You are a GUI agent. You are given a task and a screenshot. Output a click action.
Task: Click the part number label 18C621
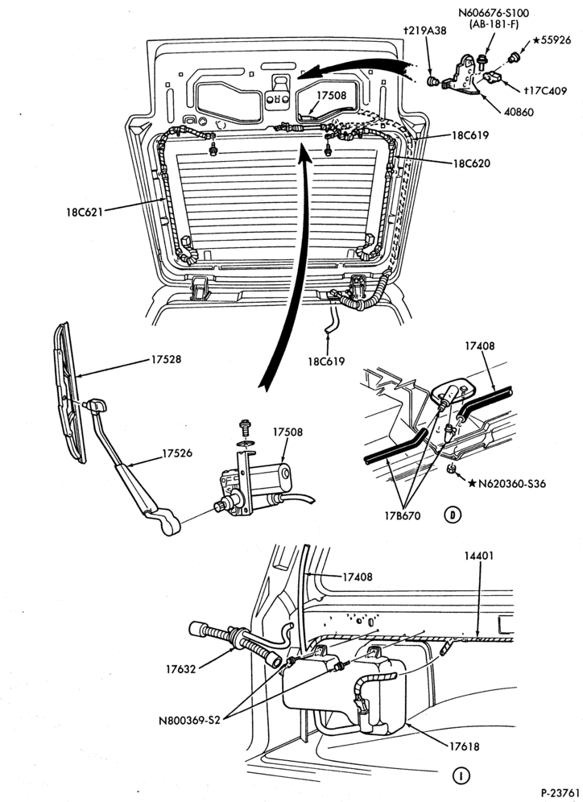click(84, 211)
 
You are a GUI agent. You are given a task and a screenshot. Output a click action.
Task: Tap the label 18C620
click(470, 163)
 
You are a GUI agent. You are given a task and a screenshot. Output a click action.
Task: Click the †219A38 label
click(424, 31)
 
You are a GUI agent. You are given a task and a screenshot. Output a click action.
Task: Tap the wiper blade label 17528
click(166, 360)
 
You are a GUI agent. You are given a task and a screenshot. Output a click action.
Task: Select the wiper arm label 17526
click(177, 453)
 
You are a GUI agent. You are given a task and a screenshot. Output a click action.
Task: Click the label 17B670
click(403, 516)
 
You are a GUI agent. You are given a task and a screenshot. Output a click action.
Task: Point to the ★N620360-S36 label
click(507, 483)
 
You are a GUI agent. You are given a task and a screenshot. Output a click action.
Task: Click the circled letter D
click(453, 515)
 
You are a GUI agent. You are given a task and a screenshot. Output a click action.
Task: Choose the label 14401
click(479, 556)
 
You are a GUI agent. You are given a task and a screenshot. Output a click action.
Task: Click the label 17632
click(180, 668)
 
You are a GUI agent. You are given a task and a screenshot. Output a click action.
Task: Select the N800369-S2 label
click(188, 721)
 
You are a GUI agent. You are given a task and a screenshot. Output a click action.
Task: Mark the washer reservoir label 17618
click(465, 746)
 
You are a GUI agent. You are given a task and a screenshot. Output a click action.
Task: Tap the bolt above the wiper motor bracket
click(246, 427)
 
